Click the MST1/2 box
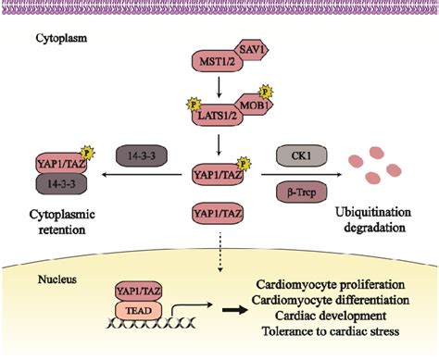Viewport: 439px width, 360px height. (x=211, y=63)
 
